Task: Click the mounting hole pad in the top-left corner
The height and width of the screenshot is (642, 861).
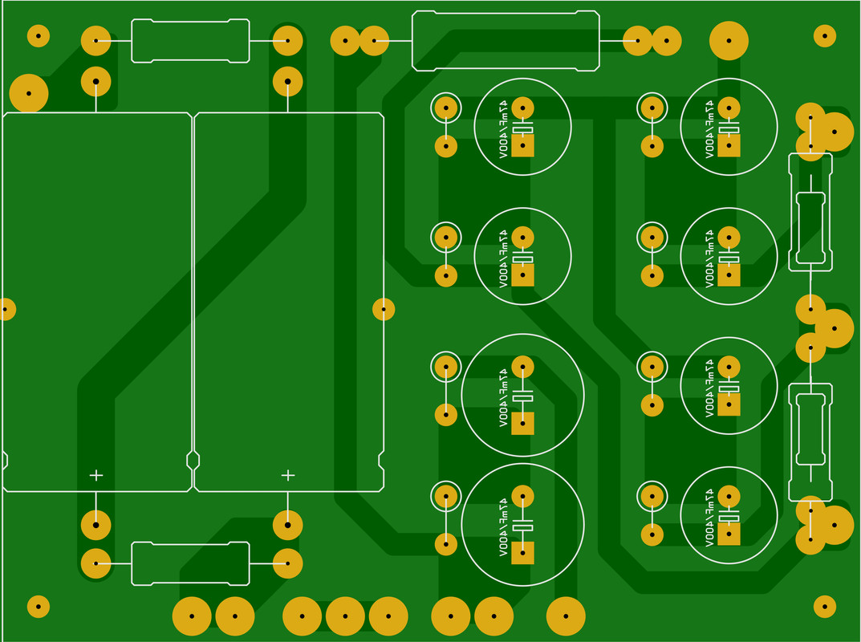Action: tap(39, 35)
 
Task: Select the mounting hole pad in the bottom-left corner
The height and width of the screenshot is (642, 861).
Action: tap(39, 606)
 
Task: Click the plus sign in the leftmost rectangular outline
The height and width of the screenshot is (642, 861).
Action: tap(96, 475)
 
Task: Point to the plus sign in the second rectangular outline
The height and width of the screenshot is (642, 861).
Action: tap(288, 475)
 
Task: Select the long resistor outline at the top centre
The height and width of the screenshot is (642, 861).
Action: tap(506, 39)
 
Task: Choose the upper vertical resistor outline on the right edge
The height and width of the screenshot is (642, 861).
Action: tap(810, 210)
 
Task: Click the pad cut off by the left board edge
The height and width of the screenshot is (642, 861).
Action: tap(5, 309)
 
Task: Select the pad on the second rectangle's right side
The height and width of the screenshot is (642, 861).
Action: tap(384, 309)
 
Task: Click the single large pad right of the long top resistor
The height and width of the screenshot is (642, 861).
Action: tap(729, 39)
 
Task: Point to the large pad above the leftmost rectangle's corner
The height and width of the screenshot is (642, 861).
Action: tap(29, 93)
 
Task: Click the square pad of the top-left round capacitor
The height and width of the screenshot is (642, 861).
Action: tap(522, 146)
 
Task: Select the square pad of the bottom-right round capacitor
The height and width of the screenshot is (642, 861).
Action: tap(729, 533)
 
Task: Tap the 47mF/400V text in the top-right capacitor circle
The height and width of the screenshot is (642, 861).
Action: tap(709, 127)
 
